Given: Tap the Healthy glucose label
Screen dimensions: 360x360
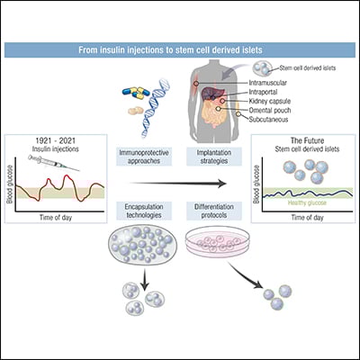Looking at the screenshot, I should click(298, 202).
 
